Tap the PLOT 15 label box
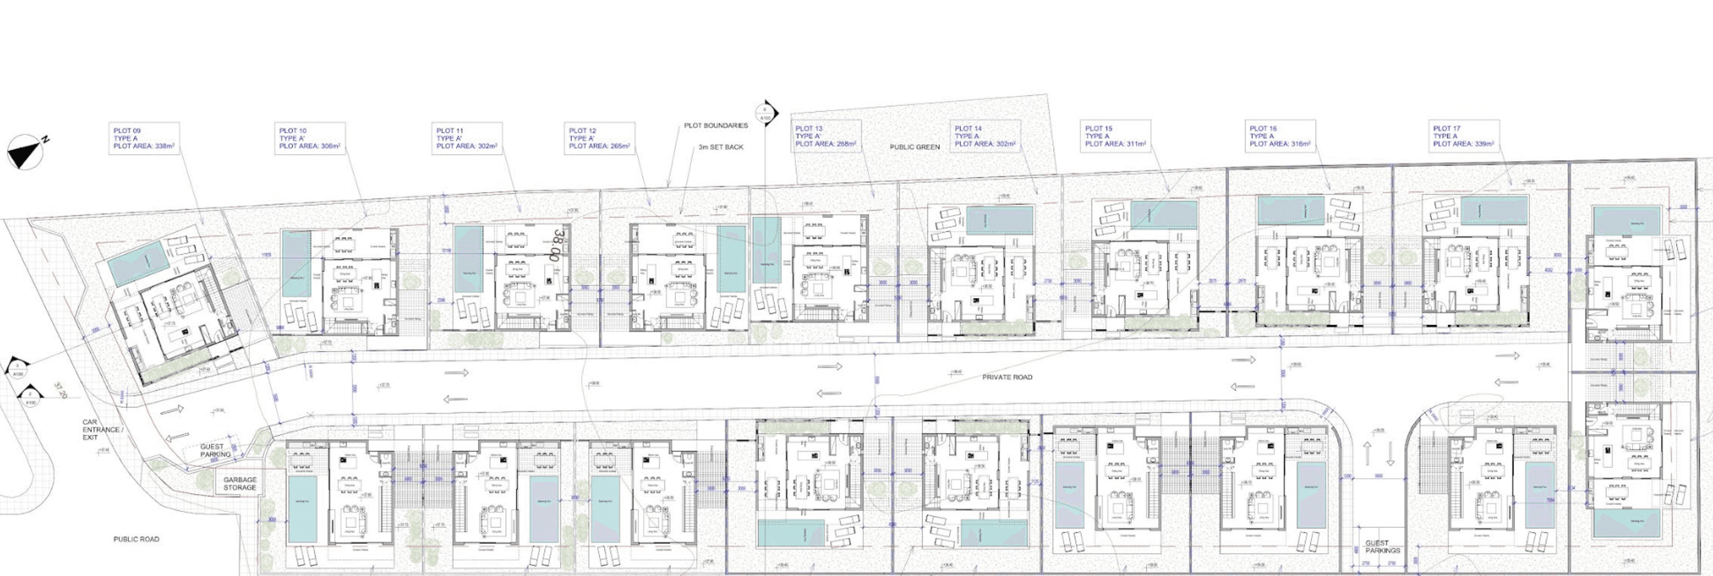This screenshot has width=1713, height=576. [x=1115, y=136]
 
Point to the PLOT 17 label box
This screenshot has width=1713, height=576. [x=1463, y=136]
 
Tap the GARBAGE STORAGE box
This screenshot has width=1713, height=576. [x=239, y=484]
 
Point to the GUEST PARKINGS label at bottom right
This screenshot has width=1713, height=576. [x=1383, y=547]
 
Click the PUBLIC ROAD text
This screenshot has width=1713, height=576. [x=136, y=539]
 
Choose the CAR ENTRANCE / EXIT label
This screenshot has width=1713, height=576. [x=101, y=430]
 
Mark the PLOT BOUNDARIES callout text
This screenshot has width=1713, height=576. [x=715, y=125]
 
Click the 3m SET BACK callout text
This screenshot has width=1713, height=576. [x=721, y=147]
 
